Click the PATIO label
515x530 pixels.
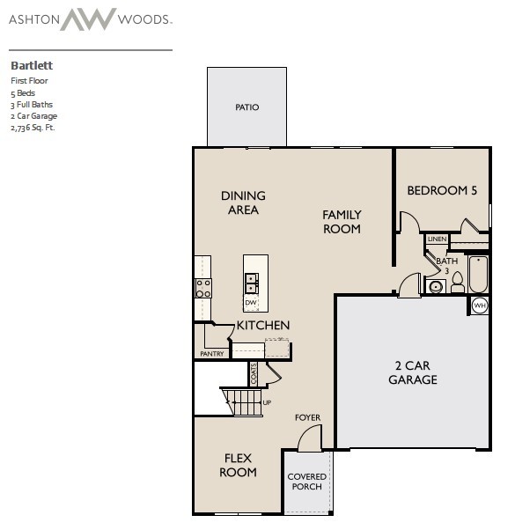[x=247, y=107]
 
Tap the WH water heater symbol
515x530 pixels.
[x=480, y=305]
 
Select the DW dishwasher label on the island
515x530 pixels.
[x=250, y=303]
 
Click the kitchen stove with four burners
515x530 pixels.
[x=203, y=288]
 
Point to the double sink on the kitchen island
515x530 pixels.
[x=252, y=283]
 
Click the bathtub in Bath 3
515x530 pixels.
[x=478, y=274]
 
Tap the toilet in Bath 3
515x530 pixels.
[x=458, y=283]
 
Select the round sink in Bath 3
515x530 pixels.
[x=435, y=287]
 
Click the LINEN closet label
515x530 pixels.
[x=437, y=239]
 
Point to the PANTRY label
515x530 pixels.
[x=212, y=354]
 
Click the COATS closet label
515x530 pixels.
[x=254, y=373]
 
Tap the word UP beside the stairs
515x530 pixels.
[x=267, y=402]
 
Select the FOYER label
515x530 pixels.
[x=307, y=418]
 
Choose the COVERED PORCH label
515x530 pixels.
[x=307, y=482]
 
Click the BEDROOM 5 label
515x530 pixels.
[x=442, y=190]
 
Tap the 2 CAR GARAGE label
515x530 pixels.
[x=413, y=372]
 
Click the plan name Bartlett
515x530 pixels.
[x=32, y=65]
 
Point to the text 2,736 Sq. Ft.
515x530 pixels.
[x=33, y=128]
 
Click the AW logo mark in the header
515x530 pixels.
[x=88, y=19]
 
